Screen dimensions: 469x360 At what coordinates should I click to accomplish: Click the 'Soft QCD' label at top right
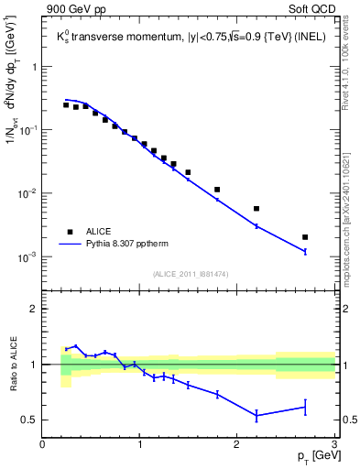point(311,10)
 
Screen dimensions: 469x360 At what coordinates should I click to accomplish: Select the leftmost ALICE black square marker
point(66,105)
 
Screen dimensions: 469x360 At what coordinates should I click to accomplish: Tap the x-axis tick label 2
point(237,445)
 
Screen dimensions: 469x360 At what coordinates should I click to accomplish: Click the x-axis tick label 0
point(43,445)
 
